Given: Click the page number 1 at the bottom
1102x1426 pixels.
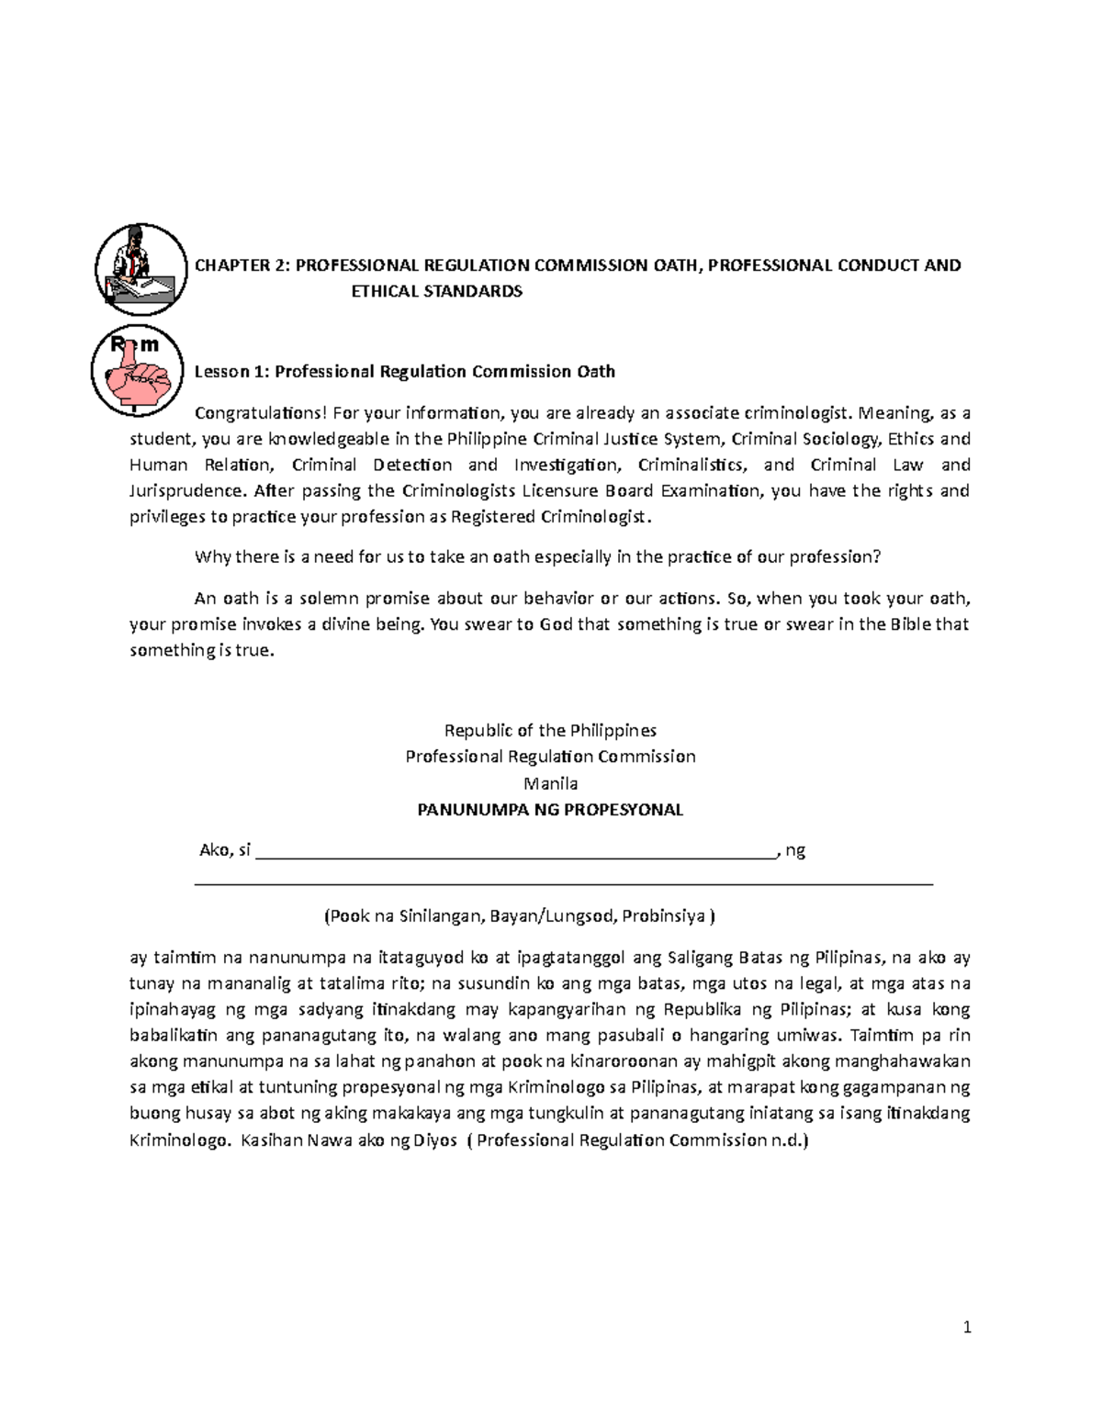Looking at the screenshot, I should pyautogui.click(x=967, y=1327).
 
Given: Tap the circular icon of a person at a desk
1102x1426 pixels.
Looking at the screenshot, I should pyautogui.click(x=141, y=269).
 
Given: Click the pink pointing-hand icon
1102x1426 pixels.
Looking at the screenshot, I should pyautogui.click(x=137, y=370).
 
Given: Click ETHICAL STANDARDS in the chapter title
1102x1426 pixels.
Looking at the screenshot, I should pyautogui.click(x=437, y=291).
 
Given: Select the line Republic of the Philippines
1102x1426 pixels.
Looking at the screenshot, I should pyautogui.click(x=550, y=730).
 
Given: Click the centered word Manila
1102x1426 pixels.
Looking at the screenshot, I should pyautogui.click(x=550, y=783).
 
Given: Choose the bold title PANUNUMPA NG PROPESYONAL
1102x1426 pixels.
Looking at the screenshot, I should pyautogui.click(x=550, y=810).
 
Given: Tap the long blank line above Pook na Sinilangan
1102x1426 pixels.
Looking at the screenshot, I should pyautogui.click(x=564, y=882).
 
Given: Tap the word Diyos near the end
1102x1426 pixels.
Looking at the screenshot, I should pyautogui.click(x=435, y=1140).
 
